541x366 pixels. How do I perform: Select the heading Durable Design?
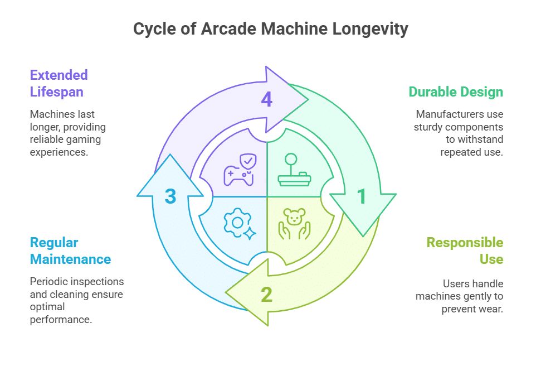point(456,92)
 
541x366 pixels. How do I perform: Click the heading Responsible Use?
point(465,251)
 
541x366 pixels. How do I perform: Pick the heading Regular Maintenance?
point(70,251)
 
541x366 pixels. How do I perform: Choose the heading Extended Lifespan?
point(59,83)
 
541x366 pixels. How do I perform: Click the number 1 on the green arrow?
point(362,196)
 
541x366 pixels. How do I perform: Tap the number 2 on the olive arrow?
point(267,295)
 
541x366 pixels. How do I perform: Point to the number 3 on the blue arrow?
point(170,196)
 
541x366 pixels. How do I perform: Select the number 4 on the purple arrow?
point(267,99)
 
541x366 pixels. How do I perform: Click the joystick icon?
point(295,170)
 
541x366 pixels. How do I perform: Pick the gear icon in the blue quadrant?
point(238,223)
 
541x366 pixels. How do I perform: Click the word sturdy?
point(428,127)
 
